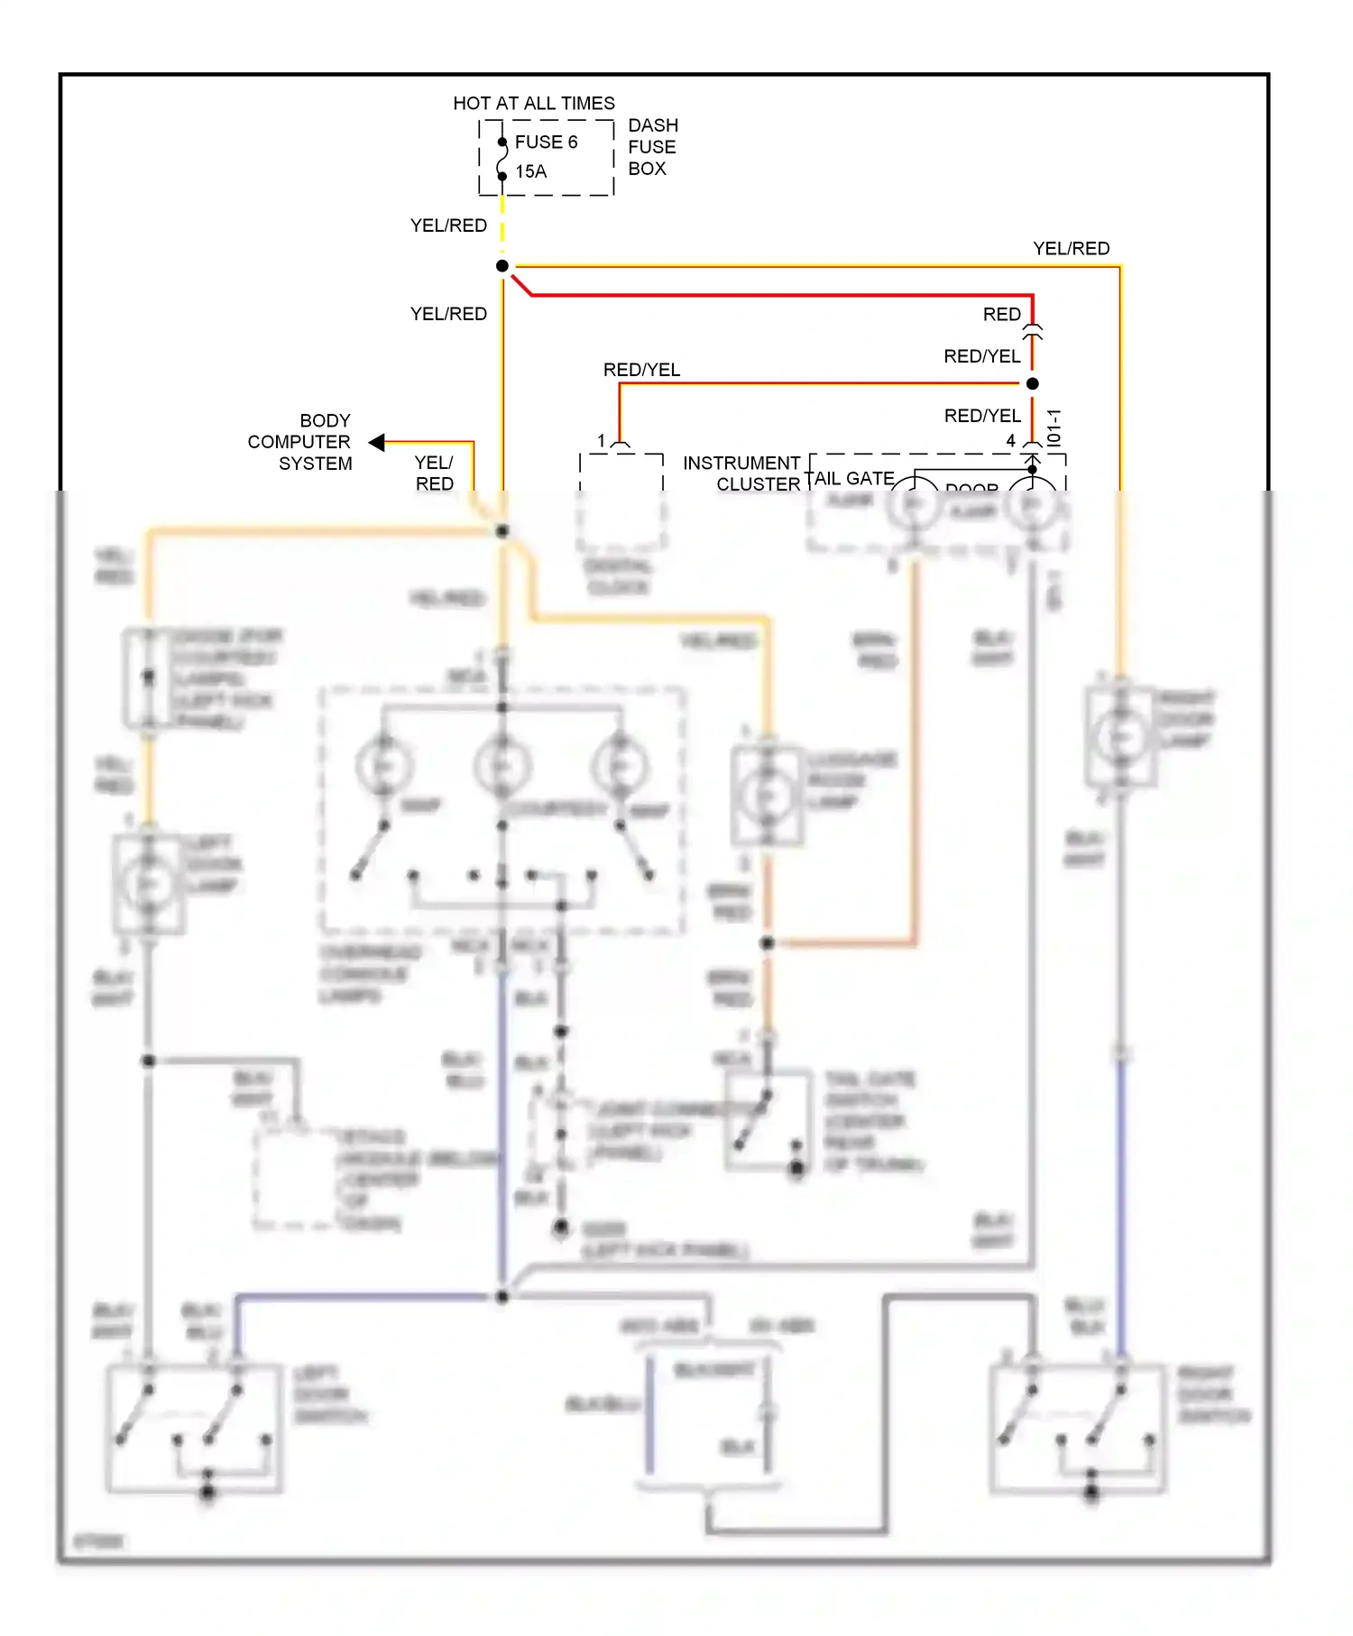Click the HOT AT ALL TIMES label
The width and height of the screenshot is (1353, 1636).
click(x=533, y=104)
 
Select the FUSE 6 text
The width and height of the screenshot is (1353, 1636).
click(x=546, y=142)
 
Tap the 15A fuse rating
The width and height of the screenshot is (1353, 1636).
click(x=531, y=171)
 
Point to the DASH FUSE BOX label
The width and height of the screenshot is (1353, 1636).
click(x=652, y=147)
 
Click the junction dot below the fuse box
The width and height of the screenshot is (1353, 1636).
click(x=502, y=266)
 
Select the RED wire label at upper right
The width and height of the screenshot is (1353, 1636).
click(x=1001, y=315)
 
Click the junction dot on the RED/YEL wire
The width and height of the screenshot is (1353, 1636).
click(x=1033, y=383)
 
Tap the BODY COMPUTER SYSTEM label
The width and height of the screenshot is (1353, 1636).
click(x=299, y=442)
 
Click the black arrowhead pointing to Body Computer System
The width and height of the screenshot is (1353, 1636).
click(x=377, y=442)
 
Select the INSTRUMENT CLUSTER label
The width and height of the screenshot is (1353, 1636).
click(x=741, y=473)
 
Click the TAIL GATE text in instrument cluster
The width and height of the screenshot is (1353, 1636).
click(x=850, y=478)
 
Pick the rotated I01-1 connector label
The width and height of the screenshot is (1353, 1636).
click(x=1054, y=427)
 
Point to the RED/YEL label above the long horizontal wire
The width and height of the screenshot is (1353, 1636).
click(x=641, y=370)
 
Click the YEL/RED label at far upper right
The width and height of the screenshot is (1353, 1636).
click(x=1071, y=249)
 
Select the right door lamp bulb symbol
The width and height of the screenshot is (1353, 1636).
click(x=1119, y=737)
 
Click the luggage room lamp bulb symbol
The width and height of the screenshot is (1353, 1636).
click(x=767, y=795)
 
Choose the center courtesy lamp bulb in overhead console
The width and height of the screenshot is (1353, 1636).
click(x=502, y=766)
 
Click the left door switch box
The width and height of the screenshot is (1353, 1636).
click(x=194, y=1428)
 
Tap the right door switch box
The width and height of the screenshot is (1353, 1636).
click(x=1077, y=1428)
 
